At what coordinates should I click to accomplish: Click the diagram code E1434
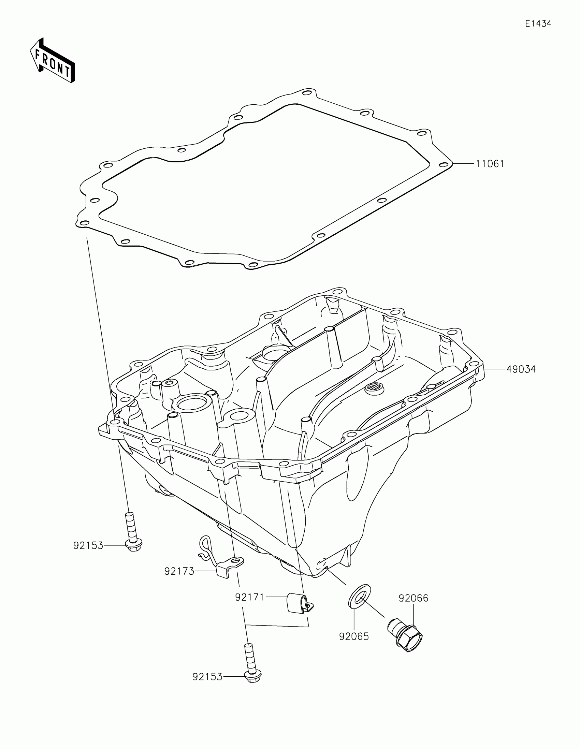click(538, 24)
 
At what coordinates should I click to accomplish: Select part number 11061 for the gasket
click(490, 164)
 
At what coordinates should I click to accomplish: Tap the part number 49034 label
click(521, 369)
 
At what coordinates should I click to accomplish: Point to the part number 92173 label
click(179, 571)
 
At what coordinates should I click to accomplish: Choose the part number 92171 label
click(249, 597)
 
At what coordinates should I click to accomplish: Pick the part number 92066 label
click(413, 598)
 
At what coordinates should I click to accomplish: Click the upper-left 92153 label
click(88, 545)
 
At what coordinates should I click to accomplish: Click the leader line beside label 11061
click(464, 164)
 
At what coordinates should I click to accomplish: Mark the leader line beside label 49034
click(495, 369)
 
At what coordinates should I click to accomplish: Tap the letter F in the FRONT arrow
click(39, 54)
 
